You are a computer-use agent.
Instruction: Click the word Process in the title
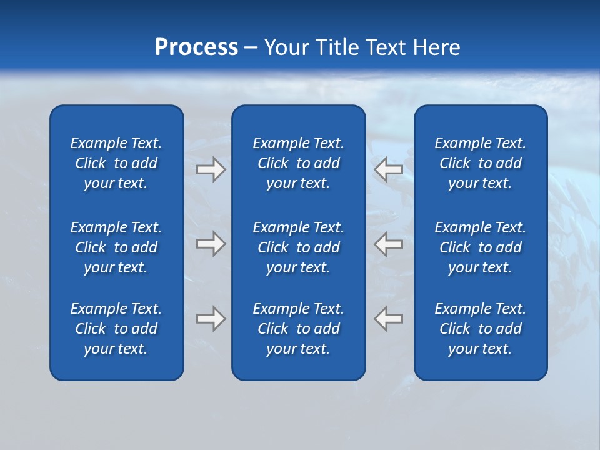[x=196, y=47]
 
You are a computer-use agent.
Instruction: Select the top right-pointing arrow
[x=211, y=169]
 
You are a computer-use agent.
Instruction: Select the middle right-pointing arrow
[x=211, y=244]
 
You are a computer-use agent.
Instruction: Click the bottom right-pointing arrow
[x=211, y=319]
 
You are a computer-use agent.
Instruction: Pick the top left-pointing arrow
[x=389, y=169]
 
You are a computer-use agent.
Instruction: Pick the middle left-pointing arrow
[x=389, y=244]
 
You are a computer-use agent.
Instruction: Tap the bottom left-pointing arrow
[x=389, y=319]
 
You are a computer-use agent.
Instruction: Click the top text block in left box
[x=116, y=163]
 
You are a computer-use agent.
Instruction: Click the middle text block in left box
[x=116, y=247]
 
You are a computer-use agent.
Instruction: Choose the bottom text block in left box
[x=116, y=329]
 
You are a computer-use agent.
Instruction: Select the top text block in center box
[x=299, y=163]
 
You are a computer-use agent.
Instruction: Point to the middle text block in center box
[x=299, y=247]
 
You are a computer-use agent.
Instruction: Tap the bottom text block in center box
[x=299, y=329]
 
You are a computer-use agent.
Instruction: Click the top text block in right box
[x=481, y=163]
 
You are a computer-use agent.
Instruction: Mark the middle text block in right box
[x=481, y=247]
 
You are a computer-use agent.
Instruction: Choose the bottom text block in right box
[x=481, y=329]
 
